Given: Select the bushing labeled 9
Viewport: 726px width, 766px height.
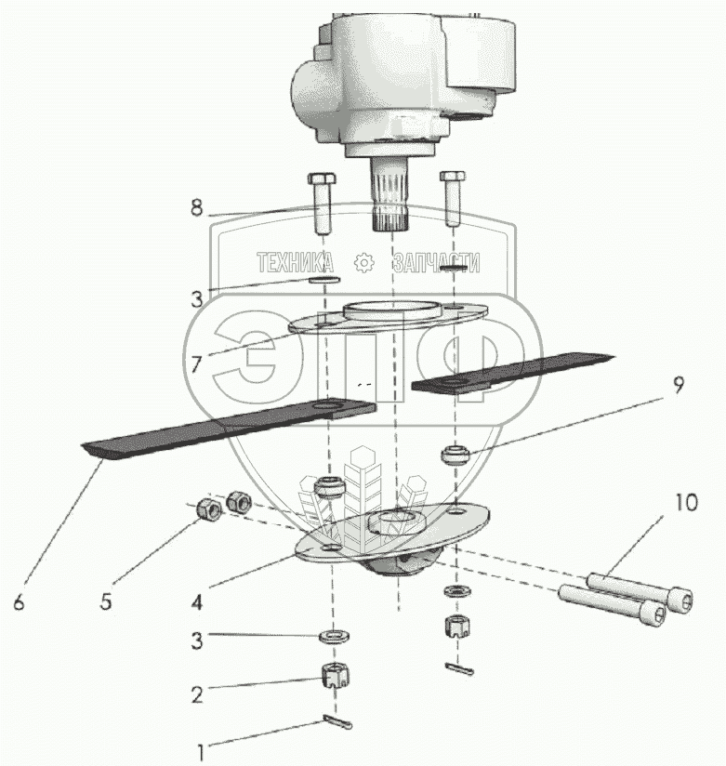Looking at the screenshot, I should [455, 456].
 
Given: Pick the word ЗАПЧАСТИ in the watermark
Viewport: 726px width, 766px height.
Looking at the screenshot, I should [436, 262].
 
